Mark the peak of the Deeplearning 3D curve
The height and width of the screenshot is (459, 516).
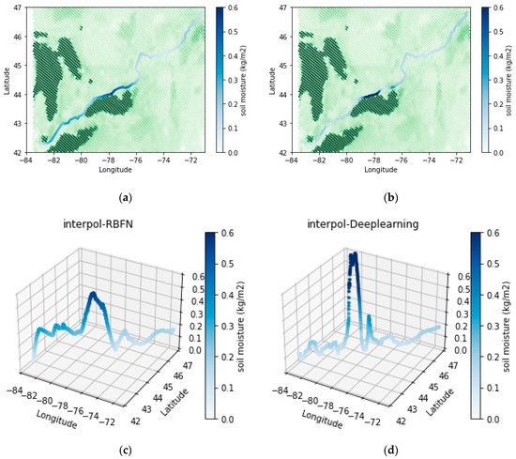pyautogui.click(x=354, y=254)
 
